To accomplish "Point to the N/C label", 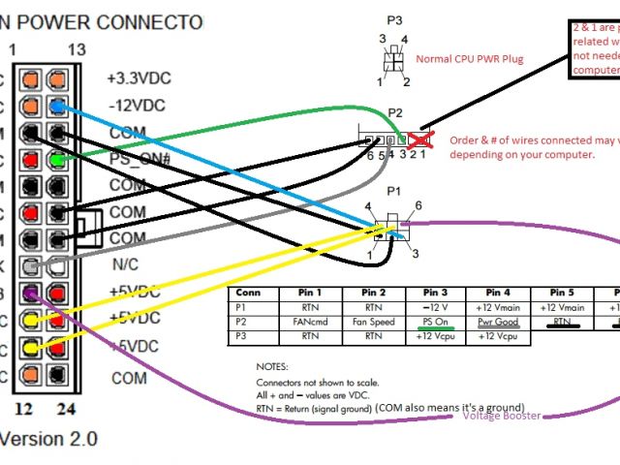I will click(x=127, y=263).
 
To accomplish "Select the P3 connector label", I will click(x=393, y=19).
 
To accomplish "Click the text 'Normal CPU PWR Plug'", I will click(x=469, y=59).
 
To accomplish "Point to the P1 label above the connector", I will click(x=392, y=192).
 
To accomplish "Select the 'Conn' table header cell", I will click(x=249, y=293).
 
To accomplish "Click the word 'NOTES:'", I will click(x=272, y=368).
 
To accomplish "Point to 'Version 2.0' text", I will click(x=48, y=438).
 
